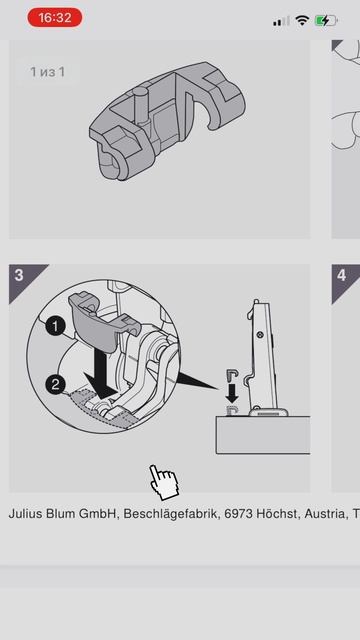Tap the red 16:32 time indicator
(55, 18)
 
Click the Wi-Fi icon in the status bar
(302, 20)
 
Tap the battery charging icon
(326, 20)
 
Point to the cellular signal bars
(281, 21)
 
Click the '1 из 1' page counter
(47, 72)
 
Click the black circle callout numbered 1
(55, 327)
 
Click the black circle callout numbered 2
(56, 384)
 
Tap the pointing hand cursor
(164, 482)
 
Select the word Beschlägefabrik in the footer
(171, 514)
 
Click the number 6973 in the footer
(238, 513)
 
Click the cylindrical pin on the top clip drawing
(141, 104)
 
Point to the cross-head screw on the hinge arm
(259, 335)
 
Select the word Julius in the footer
(25, 513)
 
